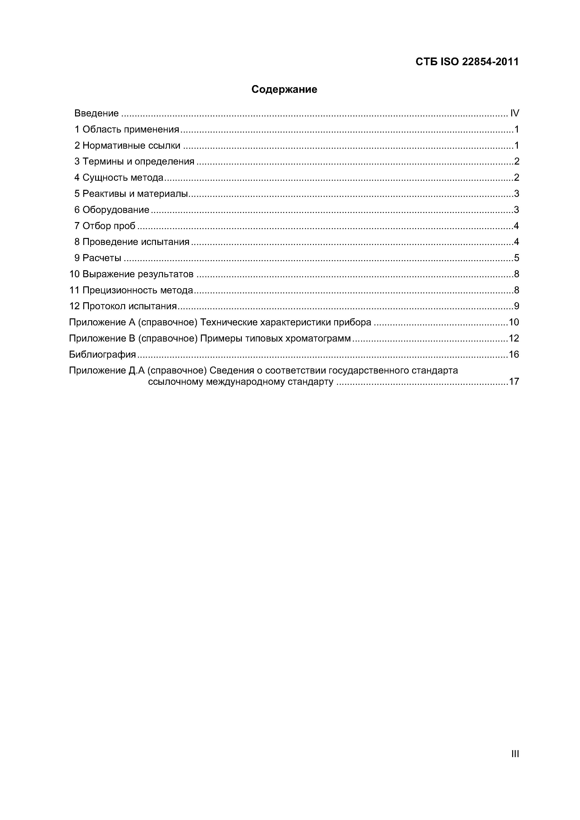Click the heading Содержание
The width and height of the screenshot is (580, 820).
[x=284, y=89]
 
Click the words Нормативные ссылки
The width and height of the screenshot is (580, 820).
[x=131, y=145]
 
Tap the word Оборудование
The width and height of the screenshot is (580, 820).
[x=116, y=210]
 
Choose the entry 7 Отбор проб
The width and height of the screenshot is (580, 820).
[x=105, y=226]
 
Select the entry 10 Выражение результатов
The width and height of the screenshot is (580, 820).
[x=131, y=274]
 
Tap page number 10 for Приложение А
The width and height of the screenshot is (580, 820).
[x=514, y=322]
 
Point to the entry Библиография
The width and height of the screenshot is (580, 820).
[x=103, y=354]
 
